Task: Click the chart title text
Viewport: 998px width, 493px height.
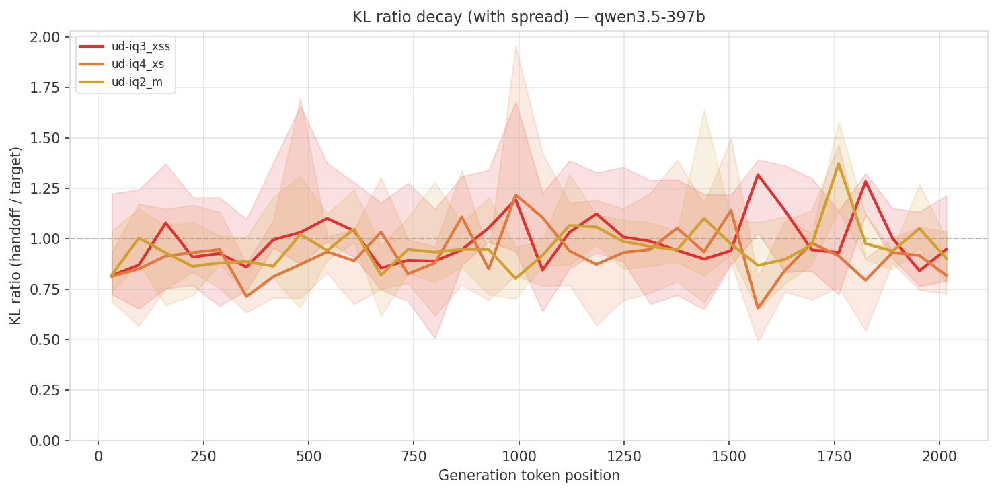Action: [x=529, y=17]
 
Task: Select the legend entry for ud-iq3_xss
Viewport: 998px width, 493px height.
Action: [x=141, y=46]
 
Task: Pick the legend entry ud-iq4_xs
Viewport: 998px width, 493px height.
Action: [x=138, y=64]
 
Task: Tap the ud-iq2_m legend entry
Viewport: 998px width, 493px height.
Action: [x=137, y=82]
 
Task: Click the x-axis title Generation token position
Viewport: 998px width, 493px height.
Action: [x=529, y=476]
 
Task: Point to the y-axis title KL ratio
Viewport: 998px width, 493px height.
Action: [x=15, y=235]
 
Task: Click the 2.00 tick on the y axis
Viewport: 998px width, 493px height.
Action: [x=46, y=37]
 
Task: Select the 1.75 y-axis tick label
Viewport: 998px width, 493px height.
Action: [x=46, y=88]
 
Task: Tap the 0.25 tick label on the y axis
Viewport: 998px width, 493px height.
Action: [x=46, y=390]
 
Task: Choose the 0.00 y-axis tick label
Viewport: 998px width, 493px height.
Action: [x=46, y=441]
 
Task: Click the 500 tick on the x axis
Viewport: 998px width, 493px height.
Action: [x=309, y=457]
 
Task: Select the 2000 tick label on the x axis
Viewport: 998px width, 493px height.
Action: [x=939, y=457]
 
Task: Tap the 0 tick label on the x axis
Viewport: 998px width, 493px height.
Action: [x=98, y=457]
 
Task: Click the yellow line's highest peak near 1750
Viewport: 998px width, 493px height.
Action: [x=838, y=163]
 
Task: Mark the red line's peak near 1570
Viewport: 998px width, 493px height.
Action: [x=758, y=174]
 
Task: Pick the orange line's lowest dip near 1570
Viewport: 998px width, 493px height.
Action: [x=758, y=308]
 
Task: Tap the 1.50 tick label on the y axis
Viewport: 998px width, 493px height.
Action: [x=46, y=138]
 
